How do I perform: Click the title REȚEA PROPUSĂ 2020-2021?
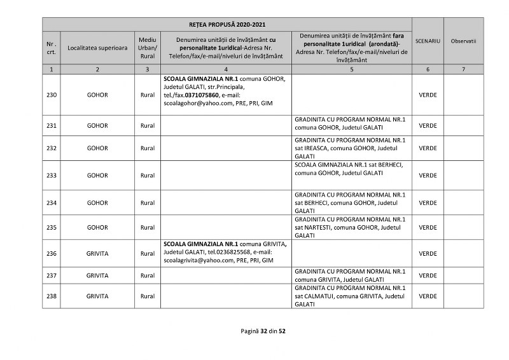point(227,24)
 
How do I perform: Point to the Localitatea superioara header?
point(97,48)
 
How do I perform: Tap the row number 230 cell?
point(52,94)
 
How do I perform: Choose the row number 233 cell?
point(52,175)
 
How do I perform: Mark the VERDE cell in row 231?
point(428,125)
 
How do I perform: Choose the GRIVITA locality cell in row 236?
point(97,253)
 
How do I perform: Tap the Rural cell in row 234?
point(148,203)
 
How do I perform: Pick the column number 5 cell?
point(351,68)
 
